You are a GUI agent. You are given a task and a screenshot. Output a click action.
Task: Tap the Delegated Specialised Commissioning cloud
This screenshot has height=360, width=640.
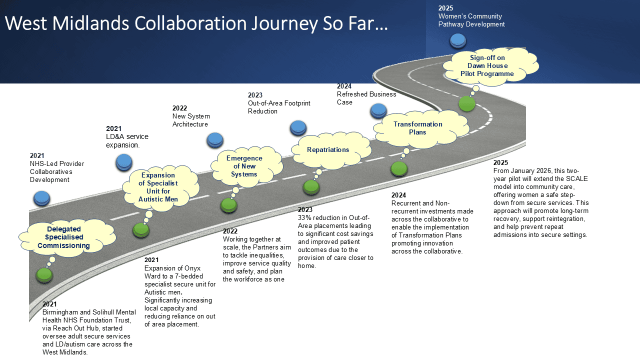pos(63,237)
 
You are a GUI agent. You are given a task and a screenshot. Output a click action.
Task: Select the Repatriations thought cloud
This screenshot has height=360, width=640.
pos(328,149)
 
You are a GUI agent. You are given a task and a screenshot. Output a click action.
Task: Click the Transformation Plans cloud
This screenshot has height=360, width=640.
pos(417,128)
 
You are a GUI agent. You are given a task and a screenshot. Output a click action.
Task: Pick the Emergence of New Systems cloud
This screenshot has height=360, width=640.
pos(244,166)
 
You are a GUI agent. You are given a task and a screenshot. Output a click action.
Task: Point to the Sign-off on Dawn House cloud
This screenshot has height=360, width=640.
pos(487,66)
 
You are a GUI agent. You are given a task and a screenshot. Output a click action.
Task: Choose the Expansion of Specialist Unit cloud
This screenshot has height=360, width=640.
pos(158,187)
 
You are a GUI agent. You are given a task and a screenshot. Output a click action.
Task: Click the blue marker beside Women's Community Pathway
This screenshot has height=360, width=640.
pos(457,40)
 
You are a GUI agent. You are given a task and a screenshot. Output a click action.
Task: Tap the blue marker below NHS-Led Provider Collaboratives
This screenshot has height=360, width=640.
pos(41,198)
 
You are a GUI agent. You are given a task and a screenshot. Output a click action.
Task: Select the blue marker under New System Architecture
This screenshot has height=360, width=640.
pos(215,140)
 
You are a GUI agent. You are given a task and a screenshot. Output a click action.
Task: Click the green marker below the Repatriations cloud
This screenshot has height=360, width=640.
pos(311,187)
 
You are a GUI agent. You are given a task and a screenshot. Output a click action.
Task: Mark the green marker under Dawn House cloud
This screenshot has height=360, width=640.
pos(467,103)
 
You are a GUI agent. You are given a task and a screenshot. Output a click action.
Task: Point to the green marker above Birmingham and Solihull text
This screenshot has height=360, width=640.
pos(44,274)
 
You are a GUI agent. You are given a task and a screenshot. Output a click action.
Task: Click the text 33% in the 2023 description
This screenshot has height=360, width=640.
pos(305,217)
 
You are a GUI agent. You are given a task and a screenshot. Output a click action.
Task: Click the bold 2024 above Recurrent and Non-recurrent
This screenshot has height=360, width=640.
pos(398,195)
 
